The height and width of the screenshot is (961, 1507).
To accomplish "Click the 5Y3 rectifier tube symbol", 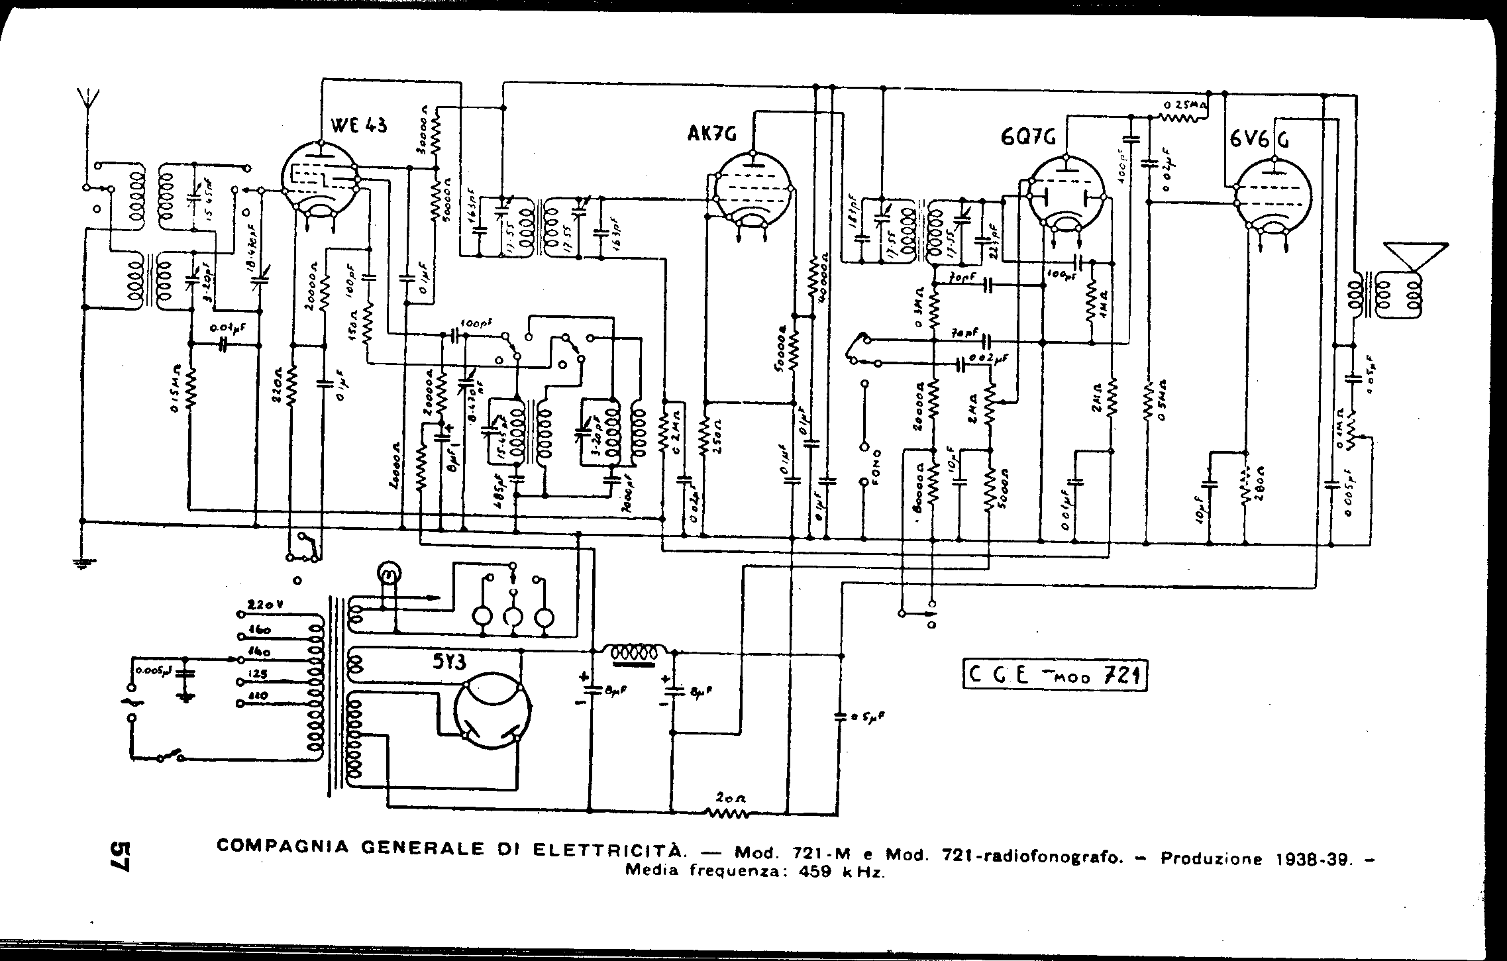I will coord(494,713).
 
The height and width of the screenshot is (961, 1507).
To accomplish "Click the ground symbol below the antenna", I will coord(83,564).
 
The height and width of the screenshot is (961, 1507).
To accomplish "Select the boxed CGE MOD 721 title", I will coord(1055,676).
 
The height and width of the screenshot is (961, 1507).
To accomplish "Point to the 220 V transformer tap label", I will coord(263,605).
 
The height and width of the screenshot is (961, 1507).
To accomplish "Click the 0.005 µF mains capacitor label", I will coord(154,670).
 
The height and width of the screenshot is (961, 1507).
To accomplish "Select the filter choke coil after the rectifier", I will coord(636,652).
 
